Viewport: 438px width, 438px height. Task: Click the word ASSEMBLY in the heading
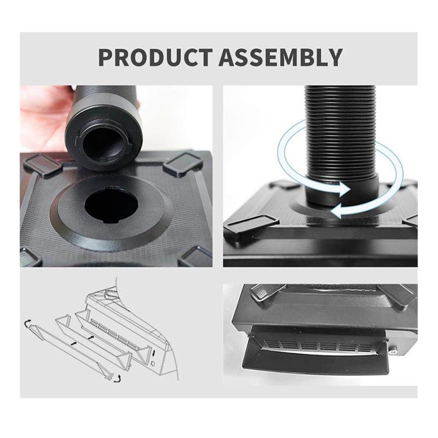pyautogui.click(x=281, y=57)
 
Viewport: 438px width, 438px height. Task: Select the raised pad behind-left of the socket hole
pyautogui.click(x=43, y=165)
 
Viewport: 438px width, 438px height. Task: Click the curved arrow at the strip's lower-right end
pyautogui.click(x=118, y=378)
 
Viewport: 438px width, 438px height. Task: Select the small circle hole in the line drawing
pyautogui.click(x=153, y=365)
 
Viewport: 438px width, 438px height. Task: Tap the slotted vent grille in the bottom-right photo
pyautogui.click(x=319, y=347)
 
